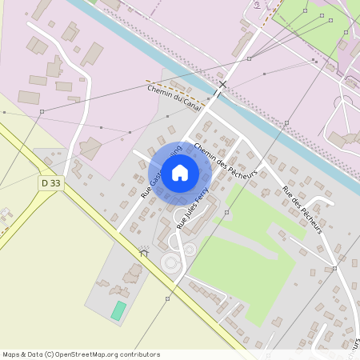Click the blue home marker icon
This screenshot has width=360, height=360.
pyautogui.click(x=180, y=172)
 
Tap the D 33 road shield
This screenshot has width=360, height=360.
pyautogui.click(x=50, y=183)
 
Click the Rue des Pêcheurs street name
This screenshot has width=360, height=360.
pyautogui.click(x=302, y=211)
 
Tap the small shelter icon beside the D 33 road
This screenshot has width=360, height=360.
pyautogui.click(x=144, y=252)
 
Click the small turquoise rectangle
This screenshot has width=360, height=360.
pyautogui.click(x=118, y=310)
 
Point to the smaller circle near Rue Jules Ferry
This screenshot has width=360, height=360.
pyautogui.click(x=190, y=249)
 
